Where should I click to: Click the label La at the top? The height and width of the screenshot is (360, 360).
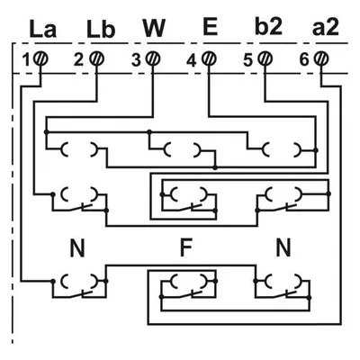(x=43, y=29)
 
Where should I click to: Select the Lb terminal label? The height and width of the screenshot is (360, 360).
(x=101, y=29)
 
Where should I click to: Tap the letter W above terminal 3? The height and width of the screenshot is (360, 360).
(x=154, y=28)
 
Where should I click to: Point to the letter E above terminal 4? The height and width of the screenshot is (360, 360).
(x=210, y=27)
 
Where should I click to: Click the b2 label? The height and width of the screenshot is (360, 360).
(x=268, y=27)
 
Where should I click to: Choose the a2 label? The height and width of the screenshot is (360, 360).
(x=326, y=28)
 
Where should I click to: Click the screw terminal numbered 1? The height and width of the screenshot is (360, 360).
(x=40, y=58)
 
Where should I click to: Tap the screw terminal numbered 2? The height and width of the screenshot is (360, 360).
(x=97, y=58)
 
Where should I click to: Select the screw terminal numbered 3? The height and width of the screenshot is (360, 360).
(x=153, y=58)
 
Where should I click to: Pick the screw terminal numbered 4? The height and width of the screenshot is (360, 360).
(x=209, y=58)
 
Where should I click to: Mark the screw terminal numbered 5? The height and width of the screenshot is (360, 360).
(x=265, y=58)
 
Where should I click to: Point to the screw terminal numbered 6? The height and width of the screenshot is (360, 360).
(x=321, y=58)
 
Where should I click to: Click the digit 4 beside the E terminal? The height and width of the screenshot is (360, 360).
(x=192, y=61)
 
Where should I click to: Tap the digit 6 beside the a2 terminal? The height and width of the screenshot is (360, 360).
(x=304, y=60)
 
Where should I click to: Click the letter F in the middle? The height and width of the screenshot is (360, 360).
(x=185, y=248)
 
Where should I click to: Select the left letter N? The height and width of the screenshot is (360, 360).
(x=77, y=248)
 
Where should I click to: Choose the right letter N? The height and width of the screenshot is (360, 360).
(x=283, y=248)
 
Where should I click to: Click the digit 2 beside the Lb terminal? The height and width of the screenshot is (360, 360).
(x=78, y=60)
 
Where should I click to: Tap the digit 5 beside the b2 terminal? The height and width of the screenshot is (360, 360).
(x=247, y=60)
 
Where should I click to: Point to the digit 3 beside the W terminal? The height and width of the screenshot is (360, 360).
(x=136, y=60)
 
